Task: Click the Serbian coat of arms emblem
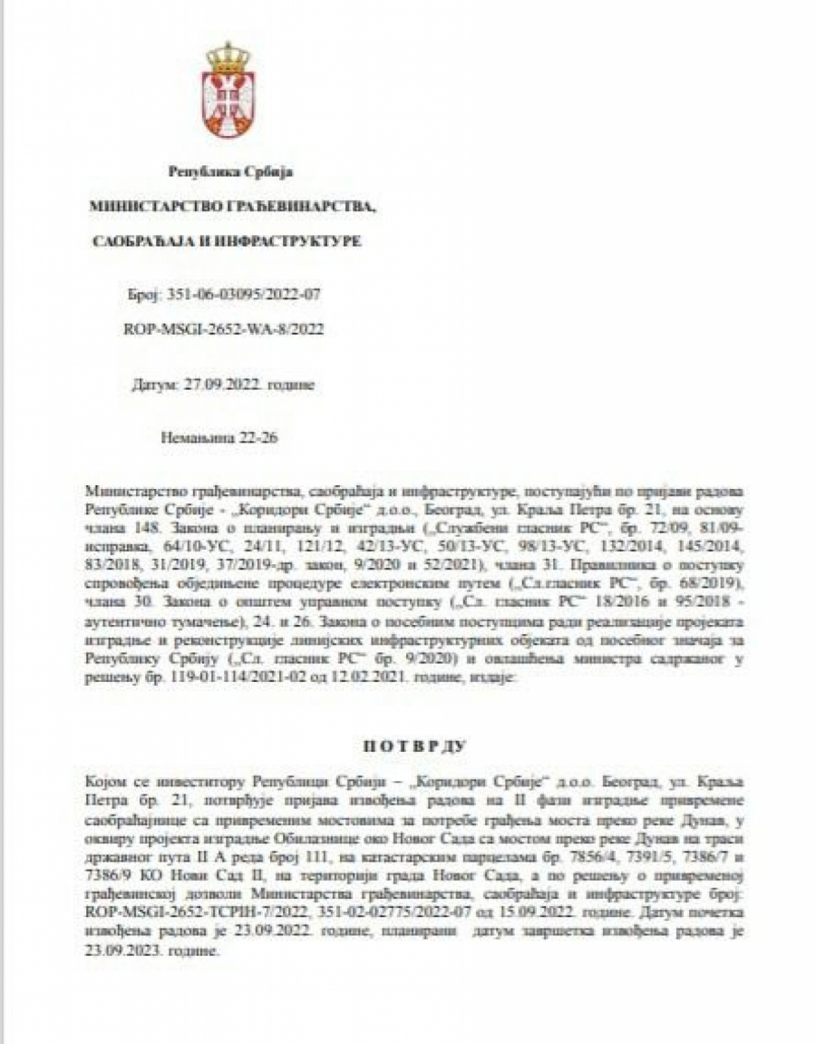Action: click(x=228, y=91)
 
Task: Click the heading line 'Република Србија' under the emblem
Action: click(x=231, y=171)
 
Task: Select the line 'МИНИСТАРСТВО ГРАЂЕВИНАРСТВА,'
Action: click(x=232, y=207)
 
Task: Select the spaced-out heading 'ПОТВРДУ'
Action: click(x=413, y=746)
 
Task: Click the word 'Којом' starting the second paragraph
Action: click(x=102, y=780)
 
